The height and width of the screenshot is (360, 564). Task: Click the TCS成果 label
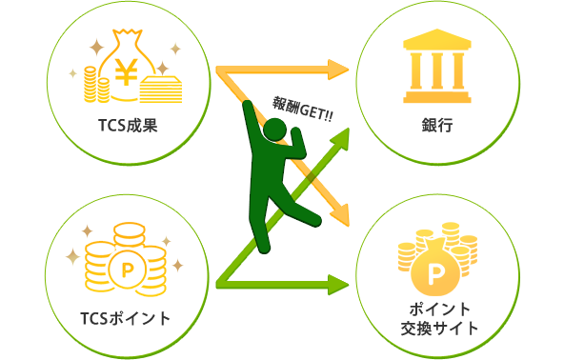127,125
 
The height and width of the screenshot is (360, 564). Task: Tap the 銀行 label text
436,125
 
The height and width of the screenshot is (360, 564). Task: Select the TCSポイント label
127,317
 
